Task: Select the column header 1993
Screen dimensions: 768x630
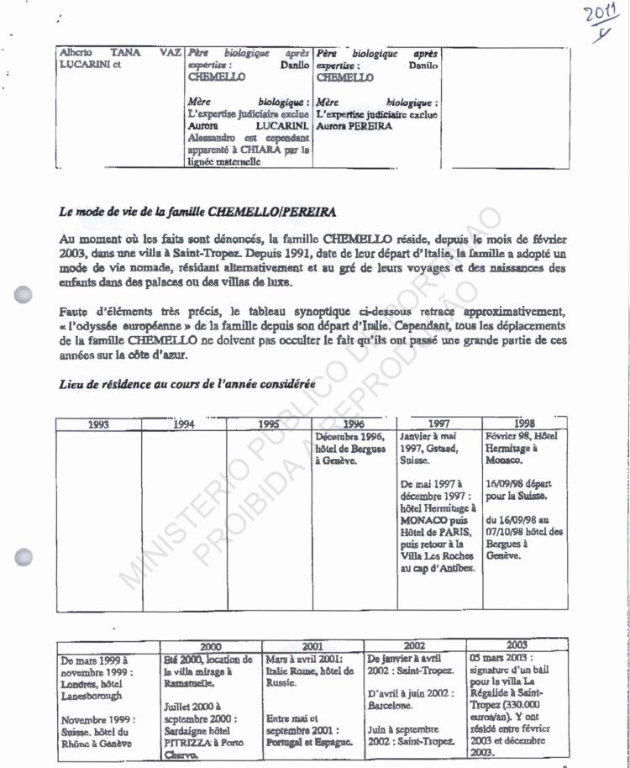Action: (98, 424)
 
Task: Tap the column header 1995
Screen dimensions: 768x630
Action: (269, 424)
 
